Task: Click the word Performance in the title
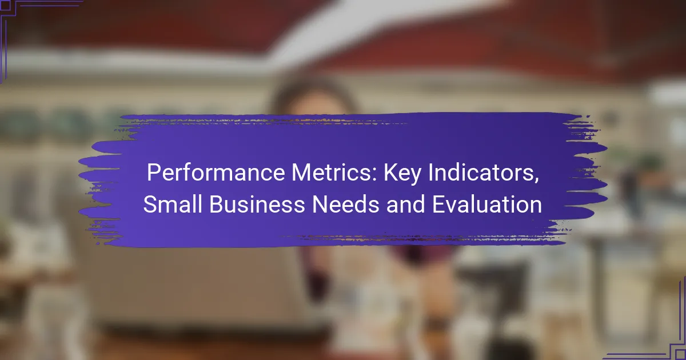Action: pos(216,173)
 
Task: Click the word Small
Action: pos(173,204)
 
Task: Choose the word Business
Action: pos(257,204)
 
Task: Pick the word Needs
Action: pos(345,204)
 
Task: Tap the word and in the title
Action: pos(405,204)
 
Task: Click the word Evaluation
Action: pos(487,204)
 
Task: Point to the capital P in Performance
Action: pos(154,173)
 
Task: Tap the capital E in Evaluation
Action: pos(438,204)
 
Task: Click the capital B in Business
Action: pos(217,204)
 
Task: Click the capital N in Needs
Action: pos(320,204)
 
